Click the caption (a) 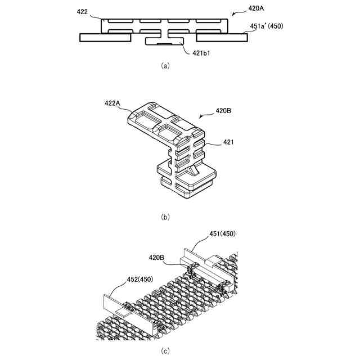click(x=164, y=66)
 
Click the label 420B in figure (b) click(x=224, y=111)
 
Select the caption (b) click(x=164, y=217)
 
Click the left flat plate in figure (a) click(x=105, y=37)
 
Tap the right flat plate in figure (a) click(x=221, y=37)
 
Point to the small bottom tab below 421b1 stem click(x=164, y=43)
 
